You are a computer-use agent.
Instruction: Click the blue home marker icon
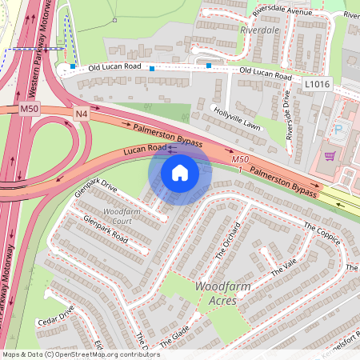coord(180,173)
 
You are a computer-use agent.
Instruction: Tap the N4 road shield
coord(82,114)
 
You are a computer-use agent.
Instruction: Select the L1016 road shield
coord(317,82)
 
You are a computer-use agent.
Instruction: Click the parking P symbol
coord(337,128)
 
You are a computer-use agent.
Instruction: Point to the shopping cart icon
coord(330,156)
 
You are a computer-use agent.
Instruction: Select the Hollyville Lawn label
coord(237,117)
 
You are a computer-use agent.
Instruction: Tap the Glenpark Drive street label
coord(95,187)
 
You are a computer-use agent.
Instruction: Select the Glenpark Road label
coord(105,227)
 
